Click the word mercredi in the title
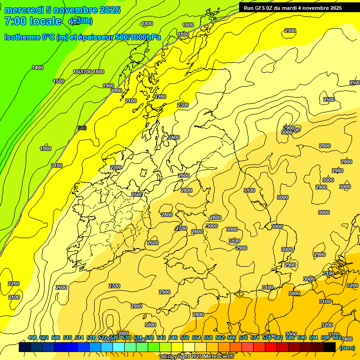pyautogui.click(x=23, y=10)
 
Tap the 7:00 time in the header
pyautogui.click(x=15, y=21)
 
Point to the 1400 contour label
pyautogui.click(x=37, y=67)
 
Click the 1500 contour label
pyautogui.click(x=59, y=81)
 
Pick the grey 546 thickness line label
pyautogui.click(x=82, y=128)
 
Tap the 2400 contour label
pyautogui.click(x=173, y=137)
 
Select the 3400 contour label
pyautogui.click(x=347, y=339)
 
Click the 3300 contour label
pyautogui.click(x=334, y=335)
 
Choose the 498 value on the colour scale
pyautogui.click(x=32, y=337)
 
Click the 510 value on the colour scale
pyautogui.click(x=67, y=337)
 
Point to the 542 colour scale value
pyautogui.click(x=161, y=337)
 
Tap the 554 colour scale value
pyautogui.click(x=196, y=337)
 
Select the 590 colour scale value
pyautogui.click(x=302, y=337)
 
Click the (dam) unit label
pyautogui.click(x=347, y=347)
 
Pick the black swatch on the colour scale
pyautogui.click(x=330, y=347)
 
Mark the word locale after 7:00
pyautogui.click(x=45, y=21)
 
